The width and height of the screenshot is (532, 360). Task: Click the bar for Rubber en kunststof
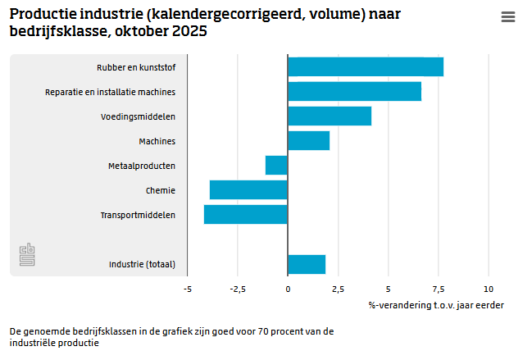tap(366, 67)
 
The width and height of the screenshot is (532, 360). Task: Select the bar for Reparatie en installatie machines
tap(354, 92)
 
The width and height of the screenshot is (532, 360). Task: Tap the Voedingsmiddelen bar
tap(330, 116)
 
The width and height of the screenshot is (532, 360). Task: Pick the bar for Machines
tap(308, 141)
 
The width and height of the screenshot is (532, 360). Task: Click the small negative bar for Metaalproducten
tap(277, 166)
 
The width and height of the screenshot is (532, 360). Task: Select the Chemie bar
tap(248, 190)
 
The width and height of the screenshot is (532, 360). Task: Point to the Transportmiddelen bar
tap(246, 215)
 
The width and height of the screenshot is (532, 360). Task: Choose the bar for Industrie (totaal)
tap(307, 264)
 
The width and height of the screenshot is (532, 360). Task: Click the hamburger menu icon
tap(507, 18)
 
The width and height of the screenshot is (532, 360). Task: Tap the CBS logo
tap(28, 254)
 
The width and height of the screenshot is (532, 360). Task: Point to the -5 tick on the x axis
tap(188, 289)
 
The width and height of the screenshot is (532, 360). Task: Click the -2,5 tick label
tap(238, 289)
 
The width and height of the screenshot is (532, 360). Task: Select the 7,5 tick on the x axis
tap(439, 289)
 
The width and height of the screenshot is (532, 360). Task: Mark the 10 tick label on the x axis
tap(489, 289)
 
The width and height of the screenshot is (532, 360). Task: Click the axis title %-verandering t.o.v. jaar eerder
tap(436, 305)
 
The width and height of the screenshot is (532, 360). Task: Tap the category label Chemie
tap(161, 190)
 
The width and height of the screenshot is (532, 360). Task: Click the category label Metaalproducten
tap(142, 166)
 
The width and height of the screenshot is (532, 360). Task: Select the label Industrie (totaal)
tap(143, 264)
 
